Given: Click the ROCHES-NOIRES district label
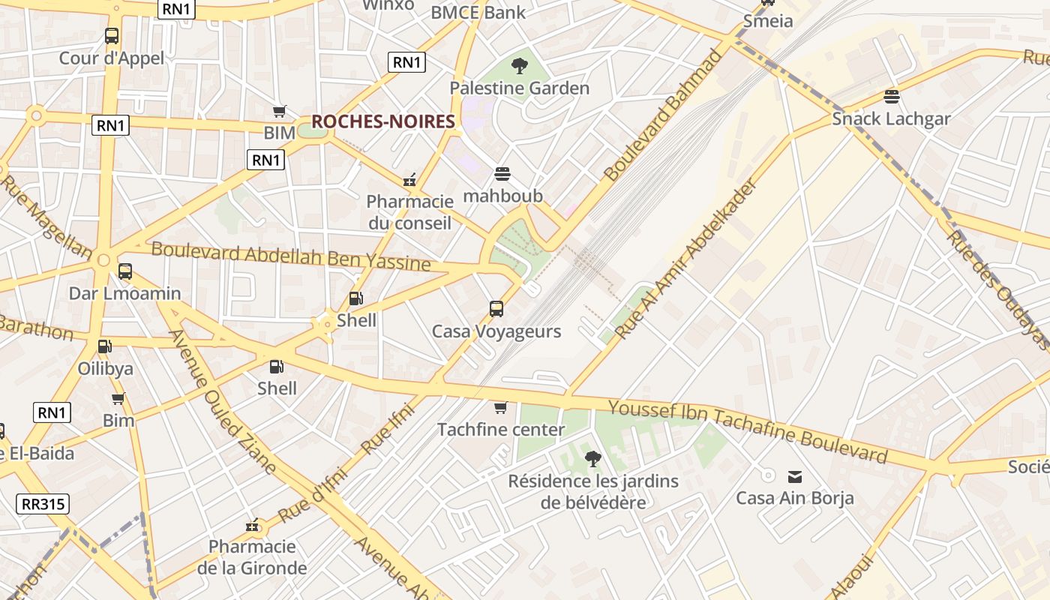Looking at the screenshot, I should pyautogui.click(x=382, y=121).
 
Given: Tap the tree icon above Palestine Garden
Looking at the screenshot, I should pyautogui.click(x=519, y=66).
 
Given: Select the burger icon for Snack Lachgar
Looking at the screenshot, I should pyautogui.click(x=891, y=96).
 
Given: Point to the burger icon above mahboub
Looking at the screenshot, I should pyautogui.click(x=502, y=174).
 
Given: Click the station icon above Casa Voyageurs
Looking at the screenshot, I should pyautogui.click(x=496, y=308).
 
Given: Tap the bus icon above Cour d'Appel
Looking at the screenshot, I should pyautogui.click(x=112, y=35).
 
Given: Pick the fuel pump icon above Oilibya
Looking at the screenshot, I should pyautogui.click(x=105, y=346).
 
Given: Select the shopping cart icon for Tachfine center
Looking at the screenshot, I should pyautogui.click(x=500, y=407).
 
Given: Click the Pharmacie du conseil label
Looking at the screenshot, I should pyautogui.click(x=409, y=212).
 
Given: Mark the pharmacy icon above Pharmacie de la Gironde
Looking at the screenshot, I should pyautogui.click(x=253, y=524).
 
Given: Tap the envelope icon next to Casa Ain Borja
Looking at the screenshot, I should pyautogui.click(x=795, y=476).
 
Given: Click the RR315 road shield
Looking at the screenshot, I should pyautogui.click(x=43, y=504).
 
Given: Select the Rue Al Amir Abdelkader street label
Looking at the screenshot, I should pyautogui.click(x=687, y=258).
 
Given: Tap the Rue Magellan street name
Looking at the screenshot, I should pyautogui.click(x=46, y=217).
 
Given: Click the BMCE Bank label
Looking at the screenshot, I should pyautogui.click(x=478, y=12).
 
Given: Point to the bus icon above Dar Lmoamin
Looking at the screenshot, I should pyautogui.click(x=125, y=271).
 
